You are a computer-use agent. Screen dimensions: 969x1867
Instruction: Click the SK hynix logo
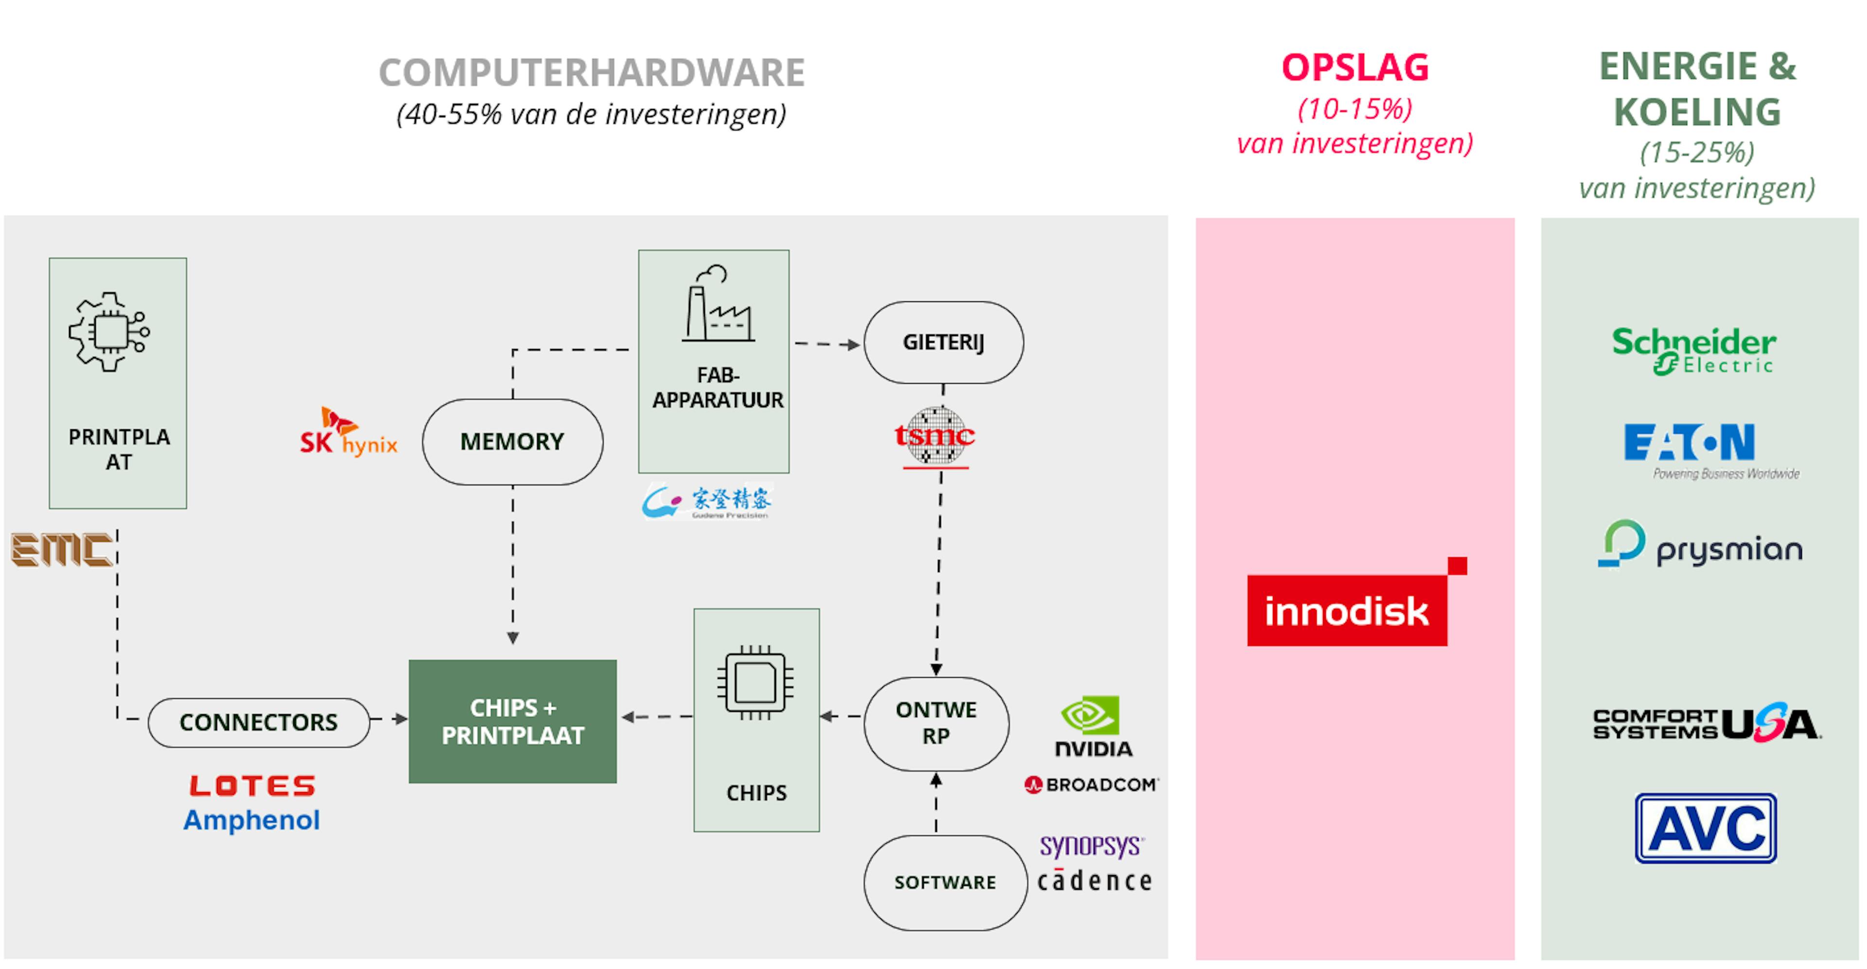pos(349,433)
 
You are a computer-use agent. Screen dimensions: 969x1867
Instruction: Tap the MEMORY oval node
pos(512,441)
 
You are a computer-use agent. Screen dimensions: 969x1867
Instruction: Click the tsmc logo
pos(935,436)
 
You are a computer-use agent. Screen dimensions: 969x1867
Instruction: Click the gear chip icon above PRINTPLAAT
pos(109,332)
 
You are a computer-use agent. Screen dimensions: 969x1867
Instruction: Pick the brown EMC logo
pos(62,549)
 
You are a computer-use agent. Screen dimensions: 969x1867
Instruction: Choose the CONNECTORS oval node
pos(259,722)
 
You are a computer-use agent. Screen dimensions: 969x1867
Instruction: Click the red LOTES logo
pos(252,786)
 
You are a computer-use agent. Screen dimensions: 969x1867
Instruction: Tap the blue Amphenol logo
pos(251,820)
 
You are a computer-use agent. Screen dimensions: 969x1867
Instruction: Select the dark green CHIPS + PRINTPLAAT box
pos(512,721)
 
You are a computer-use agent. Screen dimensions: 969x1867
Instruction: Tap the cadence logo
pos(1094,881)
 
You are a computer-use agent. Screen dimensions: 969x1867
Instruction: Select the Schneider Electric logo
pos(1694,351)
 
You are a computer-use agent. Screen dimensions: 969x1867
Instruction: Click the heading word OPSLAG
pos(1355,68)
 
